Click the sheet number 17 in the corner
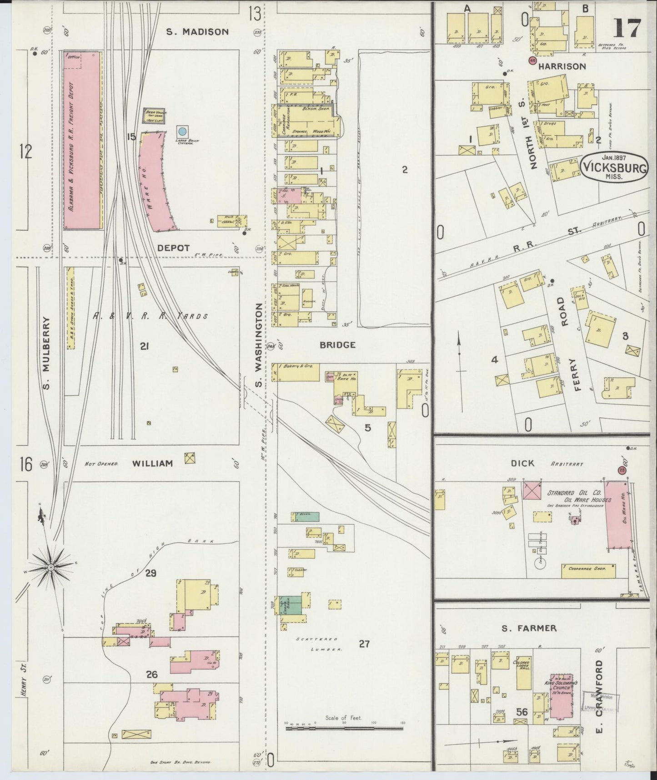pyautogui.click(x=627, y=28)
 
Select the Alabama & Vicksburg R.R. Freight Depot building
pyautogui.click(x=82, y=141)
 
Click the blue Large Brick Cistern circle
pyautogui.click(x=182, y=131)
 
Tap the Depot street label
pyautogui.click(x=173, y=248)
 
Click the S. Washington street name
pyautogui.click(x=259, y=346)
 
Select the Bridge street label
pyautogui.click(x=337, y=345)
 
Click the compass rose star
pyautogui.click(x=51, y=567)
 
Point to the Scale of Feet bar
pyautogui.click(x=344, y=728)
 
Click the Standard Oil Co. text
pyautogui.click(x=574, y=493)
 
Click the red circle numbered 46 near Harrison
pyautogui.click(x=532, y=60)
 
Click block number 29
pyautogui.click(x=150, y=573)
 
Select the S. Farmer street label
pyautogui.click(x=529, y=628)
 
